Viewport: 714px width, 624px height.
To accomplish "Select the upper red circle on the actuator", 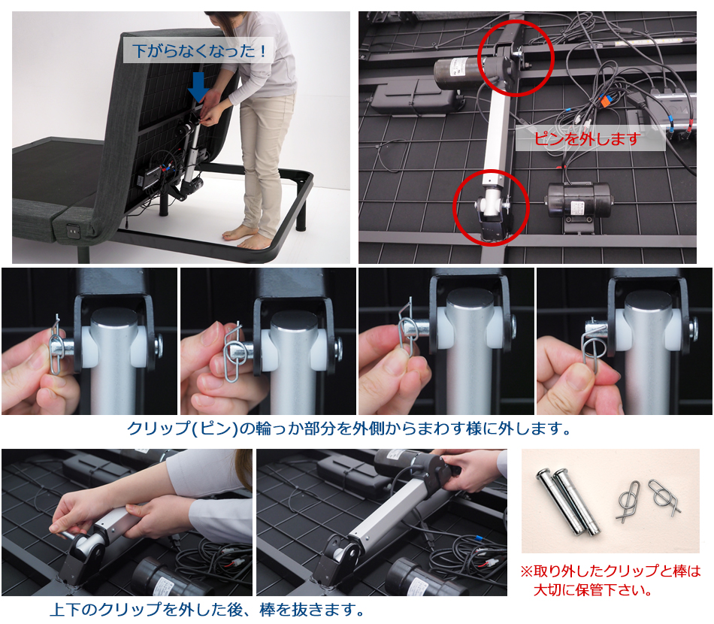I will pyautogui.click(x=516, y=58).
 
